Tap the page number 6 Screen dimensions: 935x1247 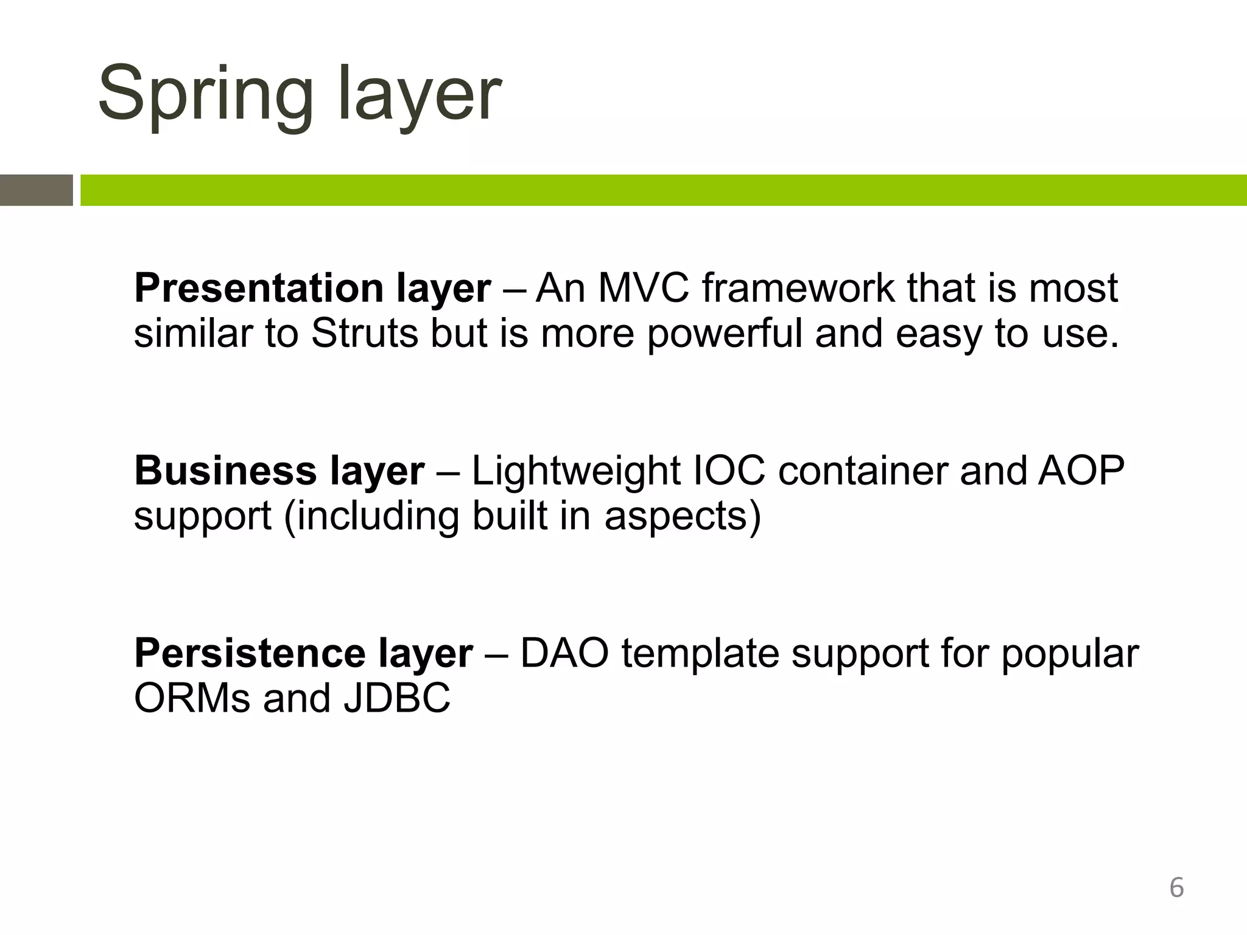(1176, 888)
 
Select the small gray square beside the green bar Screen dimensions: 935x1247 (36, 190)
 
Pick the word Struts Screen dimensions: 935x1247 (365, 333)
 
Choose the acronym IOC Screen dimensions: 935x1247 (728, 471)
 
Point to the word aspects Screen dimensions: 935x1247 (682, 516)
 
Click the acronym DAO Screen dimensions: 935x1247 (564, 653)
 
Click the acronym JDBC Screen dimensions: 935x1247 (397, 698)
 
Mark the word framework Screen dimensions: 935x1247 (798, 287)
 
